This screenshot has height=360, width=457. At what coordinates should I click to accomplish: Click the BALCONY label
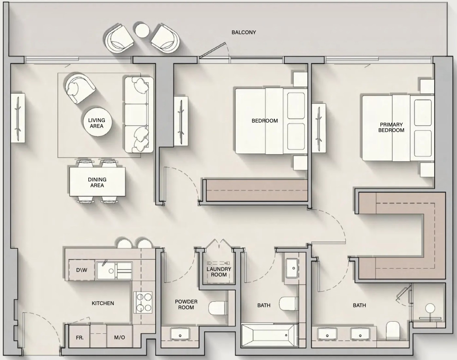tap(244, 32)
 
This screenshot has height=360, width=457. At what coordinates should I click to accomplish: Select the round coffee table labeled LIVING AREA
tap(97, 122)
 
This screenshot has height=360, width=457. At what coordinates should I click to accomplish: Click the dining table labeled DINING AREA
tap(97, 182)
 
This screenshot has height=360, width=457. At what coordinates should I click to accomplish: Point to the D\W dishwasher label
tap(82, 270)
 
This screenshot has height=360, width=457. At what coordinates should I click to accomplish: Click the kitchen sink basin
tap(114, 271)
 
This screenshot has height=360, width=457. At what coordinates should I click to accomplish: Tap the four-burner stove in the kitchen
tap(143, 302)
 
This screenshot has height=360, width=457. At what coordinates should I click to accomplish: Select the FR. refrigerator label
tap(80, 337)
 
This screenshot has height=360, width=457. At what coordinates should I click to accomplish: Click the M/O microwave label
tap(119, 337)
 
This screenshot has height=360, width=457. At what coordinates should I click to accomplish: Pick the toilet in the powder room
tap(217, 308)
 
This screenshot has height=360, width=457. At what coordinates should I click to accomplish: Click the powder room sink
tap(180, 334)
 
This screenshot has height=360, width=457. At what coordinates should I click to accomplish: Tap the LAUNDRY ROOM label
tap(219, 272)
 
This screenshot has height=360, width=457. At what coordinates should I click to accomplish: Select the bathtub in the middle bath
tap(270, 335)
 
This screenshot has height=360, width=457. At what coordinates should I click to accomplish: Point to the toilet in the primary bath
tap(393, 330)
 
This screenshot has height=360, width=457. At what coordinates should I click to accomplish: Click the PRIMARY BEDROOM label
tap(391, 127)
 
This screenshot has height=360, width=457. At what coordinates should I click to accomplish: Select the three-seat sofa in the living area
tap(139, 115)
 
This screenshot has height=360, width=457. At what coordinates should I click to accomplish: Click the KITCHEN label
tap(103, 303)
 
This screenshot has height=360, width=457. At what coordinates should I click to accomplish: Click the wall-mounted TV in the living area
tap(18, 118)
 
